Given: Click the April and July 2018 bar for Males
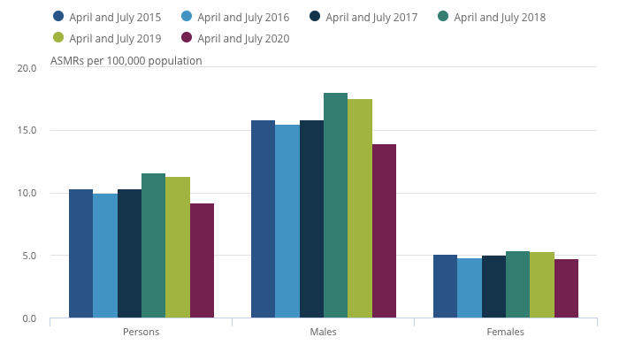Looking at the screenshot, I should [335, 205].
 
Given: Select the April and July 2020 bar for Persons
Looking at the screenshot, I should [202, 261].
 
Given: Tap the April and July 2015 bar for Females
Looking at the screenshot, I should [445, 287].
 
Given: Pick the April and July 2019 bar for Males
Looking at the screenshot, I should [360, 209].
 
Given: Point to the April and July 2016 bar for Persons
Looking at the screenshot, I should [104, 256].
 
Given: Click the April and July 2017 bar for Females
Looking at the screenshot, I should [493, 287].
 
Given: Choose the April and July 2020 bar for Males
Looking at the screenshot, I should [384, 231].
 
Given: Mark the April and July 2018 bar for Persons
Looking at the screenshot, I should [153, 246].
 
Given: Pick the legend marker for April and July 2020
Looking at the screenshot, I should [187, 38].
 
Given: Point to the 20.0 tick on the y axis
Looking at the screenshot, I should [27, 68].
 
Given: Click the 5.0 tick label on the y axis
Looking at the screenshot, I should [29, 257].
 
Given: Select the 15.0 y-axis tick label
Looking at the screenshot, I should [27, 131].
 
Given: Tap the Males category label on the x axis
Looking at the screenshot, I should [323, 333].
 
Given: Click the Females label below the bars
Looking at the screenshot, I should [505, 333].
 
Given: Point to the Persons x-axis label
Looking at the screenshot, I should [141, 333].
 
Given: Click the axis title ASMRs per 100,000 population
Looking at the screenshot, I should [126, 61].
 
